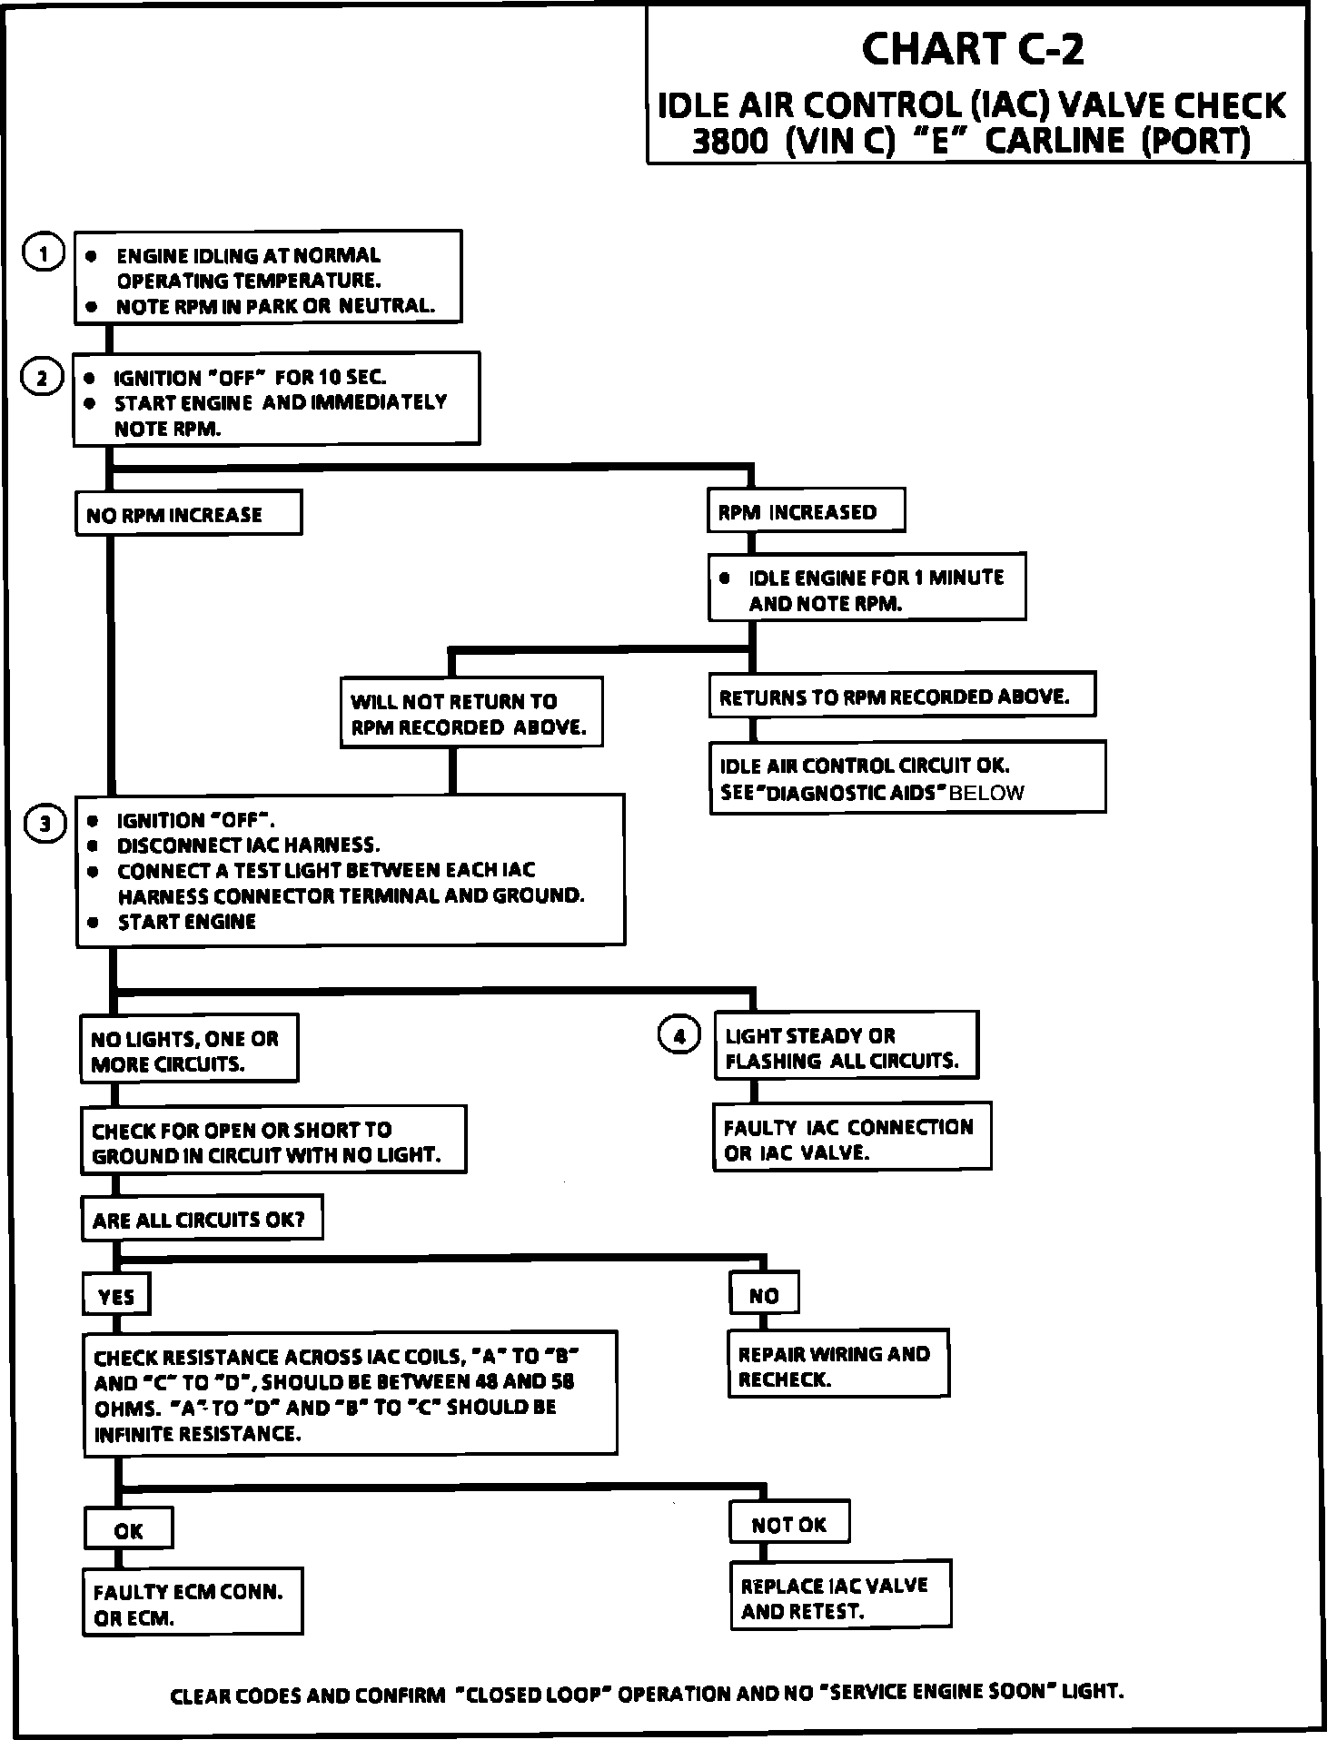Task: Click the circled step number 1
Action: pos(43,253)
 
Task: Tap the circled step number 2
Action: pos(42,378)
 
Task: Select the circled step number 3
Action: pos(45,825)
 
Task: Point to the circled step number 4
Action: pos(678,1035)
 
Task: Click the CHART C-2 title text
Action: pos(972,49)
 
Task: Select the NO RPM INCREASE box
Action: pos(188,514)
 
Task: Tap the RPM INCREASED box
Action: pos(806,512)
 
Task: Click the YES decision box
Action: pos(116,1296)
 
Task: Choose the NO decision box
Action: pos(764,1295)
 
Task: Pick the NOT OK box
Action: pos(788,1525)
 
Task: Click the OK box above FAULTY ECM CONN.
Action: pos(128,1530)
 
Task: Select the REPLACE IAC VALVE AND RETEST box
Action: pos(840,1598)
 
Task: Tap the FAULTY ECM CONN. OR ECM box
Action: pos(192,1605)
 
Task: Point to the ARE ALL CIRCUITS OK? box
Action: pos(201,1220)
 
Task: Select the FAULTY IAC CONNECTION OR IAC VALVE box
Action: pos(851,1139)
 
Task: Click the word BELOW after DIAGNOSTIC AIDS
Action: pos(986,793)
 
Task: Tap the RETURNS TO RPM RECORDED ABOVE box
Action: pos(902,697)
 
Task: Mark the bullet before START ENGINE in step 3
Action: pos(93,922)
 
